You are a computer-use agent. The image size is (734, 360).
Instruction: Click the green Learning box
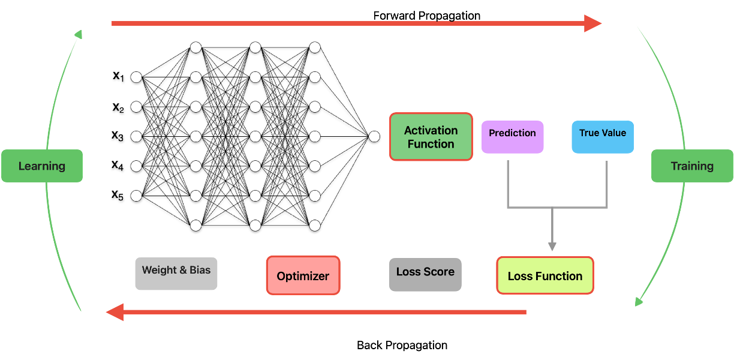coord(42,166)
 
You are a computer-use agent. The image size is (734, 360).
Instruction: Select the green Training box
coord(692,166)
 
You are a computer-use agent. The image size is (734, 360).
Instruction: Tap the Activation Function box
coord(431,137)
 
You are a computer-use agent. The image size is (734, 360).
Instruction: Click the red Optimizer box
coord(303,275)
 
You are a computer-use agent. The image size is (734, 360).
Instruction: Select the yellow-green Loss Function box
coord(545,275)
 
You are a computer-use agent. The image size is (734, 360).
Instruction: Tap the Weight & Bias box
coord(176,274)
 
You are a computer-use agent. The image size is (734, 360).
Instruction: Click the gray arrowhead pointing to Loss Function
coord(552,246)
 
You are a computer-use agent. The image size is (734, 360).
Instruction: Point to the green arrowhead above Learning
coord(79,34)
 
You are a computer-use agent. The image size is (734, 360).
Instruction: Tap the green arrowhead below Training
coord(639,301)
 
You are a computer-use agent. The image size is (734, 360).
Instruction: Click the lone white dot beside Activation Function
coord(374,137)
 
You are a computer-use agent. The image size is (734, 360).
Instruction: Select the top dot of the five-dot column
coord(136,77)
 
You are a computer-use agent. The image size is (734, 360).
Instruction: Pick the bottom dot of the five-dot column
coord(136,196)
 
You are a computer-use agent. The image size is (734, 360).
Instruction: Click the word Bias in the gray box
coord(200,270)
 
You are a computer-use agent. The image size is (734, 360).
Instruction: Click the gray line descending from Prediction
coord(508,183)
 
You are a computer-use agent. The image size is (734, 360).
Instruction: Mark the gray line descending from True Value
coord(607,183)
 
